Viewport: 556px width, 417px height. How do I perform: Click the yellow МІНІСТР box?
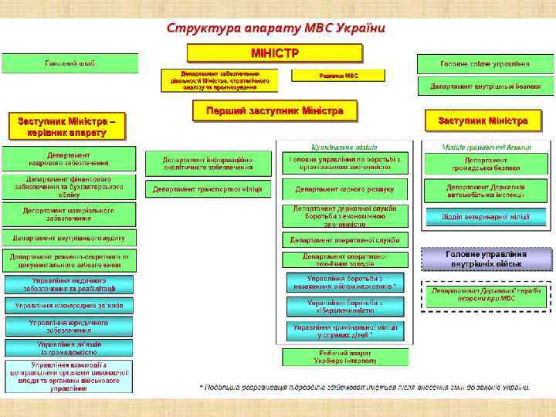tap(274, 53)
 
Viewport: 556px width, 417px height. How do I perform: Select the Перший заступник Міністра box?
tap(274, 111)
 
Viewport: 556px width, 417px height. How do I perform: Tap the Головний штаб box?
tap(69, 63)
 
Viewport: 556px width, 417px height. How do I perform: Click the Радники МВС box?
tap(339, 76)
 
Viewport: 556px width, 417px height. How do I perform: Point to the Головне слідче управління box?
tap(485, 63)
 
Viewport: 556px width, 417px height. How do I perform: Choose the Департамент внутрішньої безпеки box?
tap(485, 86)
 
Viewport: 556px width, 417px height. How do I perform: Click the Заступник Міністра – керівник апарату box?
tap(66, 126)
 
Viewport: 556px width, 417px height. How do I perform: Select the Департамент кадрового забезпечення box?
tap(68, 158)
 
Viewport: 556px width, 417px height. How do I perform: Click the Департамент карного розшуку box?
tap(344, 189)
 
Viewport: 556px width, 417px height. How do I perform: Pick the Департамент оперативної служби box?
tap(344, 240)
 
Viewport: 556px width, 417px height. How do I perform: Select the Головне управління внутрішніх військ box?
tap(486, 259)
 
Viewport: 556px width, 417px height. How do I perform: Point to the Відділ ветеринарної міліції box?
tap(486, 217)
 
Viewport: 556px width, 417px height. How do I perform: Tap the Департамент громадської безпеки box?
tap(486, 162)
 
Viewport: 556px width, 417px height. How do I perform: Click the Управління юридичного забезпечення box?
tap(68, 326)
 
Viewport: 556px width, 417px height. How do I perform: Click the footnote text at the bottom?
tap(364, 387)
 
